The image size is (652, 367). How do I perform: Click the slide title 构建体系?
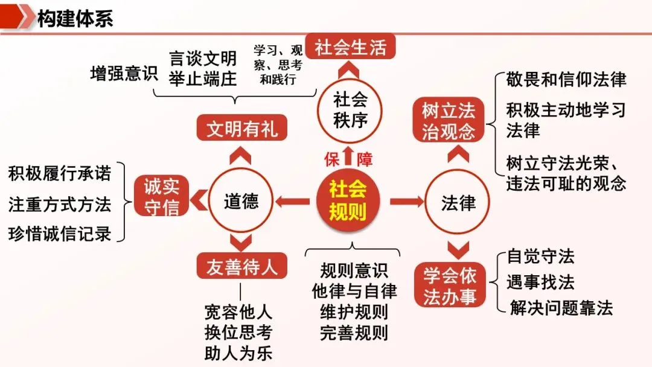coord(75,18)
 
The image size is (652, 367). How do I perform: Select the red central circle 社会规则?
coord(348,200)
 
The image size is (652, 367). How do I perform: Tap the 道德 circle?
coord(241,202)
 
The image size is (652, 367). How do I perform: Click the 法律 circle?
coord(458,202)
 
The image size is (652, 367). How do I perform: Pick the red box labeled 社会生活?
coord(350,47)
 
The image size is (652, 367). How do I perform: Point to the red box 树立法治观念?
coord(449,121)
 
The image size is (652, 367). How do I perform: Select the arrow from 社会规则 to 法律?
coord(406,201)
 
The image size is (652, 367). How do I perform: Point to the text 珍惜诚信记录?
coord(60,234)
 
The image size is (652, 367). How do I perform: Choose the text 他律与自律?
coord(354,292)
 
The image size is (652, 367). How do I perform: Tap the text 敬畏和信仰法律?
coord(566,79)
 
